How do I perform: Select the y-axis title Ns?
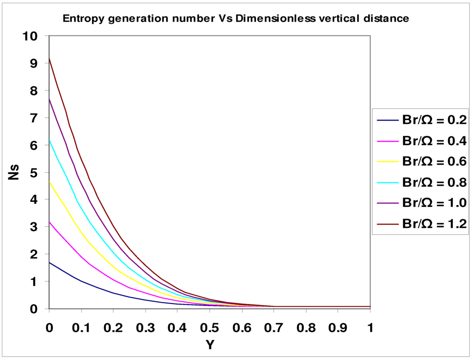[15, 172]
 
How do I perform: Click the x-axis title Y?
[209, 345]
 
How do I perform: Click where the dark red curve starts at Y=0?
[49, 59]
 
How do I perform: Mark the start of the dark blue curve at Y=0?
[49, 262]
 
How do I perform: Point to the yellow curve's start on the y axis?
[49, 181]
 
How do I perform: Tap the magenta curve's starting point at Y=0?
[49, 222]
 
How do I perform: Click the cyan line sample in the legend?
[388, 182]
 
